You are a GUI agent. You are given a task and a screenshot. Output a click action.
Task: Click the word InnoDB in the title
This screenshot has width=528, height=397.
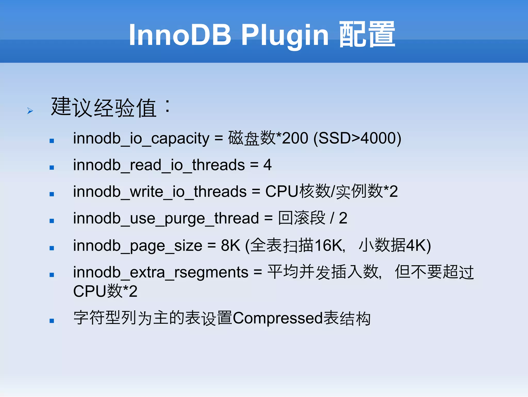click(x=180, y=35)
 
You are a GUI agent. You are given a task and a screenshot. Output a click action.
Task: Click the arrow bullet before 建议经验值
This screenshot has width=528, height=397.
click(x=30, y=111)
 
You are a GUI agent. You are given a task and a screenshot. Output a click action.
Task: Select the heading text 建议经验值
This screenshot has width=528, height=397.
click(x=104, y=107)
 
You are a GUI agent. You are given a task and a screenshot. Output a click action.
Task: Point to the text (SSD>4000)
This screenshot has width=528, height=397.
click(x=357, y=138)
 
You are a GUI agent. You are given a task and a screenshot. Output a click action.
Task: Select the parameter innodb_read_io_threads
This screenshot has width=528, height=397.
click(x=159, y=165)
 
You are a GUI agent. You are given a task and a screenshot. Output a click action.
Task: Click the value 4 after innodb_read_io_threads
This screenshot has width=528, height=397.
click(x=267, y=165)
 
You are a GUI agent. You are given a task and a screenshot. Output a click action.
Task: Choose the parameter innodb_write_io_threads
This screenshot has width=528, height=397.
click(x=160, y=192)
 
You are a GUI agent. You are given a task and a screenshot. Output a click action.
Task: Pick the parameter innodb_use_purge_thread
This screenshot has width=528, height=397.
click(x=166, y=219)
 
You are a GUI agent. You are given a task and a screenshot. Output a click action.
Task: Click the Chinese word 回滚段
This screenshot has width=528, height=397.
click(x=302, y=218)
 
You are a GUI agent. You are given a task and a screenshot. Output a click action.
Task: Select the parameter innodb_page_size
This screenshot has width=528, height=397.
click(x=138, y=246)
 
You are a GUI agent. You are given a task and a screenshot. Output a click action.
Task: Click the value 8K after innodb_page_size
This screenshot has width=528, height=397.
click(x=230, y=245)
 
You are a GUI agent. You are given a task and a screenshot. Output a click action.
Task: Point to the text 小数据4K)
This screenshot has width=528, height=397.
click(x=395, y=245)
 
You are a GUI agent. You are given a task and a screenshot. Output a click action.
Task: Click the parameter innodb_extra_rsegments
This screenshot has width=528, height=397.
click(x=161, y=272)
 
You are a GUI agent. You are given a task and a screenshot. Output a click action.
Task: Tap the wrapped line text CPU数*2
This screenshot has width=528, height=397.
click(x=105, y=291)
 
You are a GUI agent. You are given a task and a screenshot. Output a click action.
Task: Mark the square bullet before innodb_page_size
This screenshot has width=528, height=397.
click(x=52, y=248)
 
